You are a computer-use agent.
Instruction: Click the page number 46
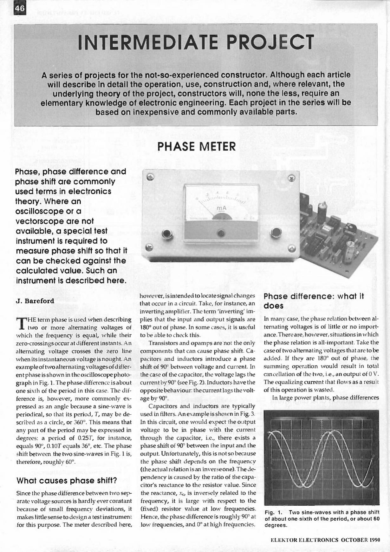[20, 9]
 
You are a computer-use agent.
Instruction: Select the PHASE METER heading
[197, 147]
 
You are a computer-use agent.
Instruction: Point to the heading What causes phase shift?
[67, 480]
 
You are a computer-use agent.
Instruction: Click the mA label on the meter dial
[221, 208]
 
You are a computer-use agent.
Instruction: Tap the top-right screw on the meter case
[291, 178]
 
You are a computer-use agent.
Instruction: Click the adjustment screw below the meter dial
[221, 233]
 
